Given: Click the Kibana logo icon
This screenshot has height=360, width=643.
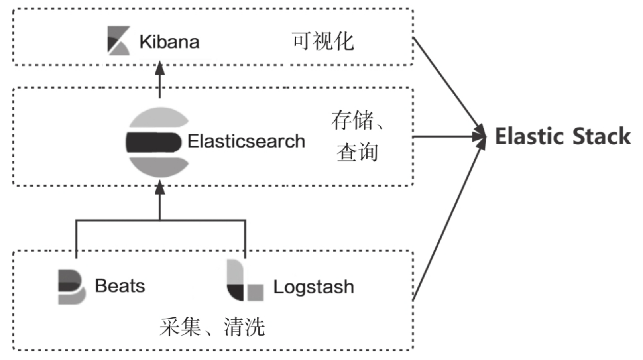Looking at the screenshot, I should click(118, 40).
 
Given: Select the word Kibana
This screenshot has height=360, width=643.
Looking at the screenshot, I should click(169, 42).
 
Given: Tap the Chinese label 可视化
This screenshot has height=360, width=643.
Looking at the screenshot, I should click(322, 41).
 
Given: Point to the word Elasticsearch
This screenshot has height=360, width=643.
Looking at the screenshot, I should click(246, 141).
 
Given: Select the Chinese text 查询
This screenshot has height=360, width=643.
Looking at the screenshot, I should click(357, 152).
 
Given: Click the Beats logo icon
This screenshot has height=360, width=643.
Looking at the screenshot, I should click(71, 287).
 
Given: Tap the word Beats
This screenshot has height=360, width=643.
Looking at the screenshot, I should click(120, 286).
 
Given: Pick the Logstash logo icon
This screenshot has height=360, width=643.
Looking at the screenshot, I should click(244, 281).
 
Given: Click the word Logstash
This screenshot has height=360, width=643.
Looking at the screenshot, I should click(313, 287).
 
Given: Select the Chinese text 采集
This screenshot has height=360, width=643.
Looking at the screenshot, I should click(180, 327).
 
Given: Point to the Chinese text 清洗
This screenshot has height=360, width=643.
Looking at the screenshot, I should click(244, 327).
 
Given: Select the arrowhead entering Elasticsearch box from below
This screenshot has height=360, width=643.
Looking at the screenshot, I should click(160, 187).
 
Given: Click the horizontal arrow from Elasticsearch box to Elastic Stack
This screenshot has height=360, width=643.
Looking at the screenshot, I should click(446, 137).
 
